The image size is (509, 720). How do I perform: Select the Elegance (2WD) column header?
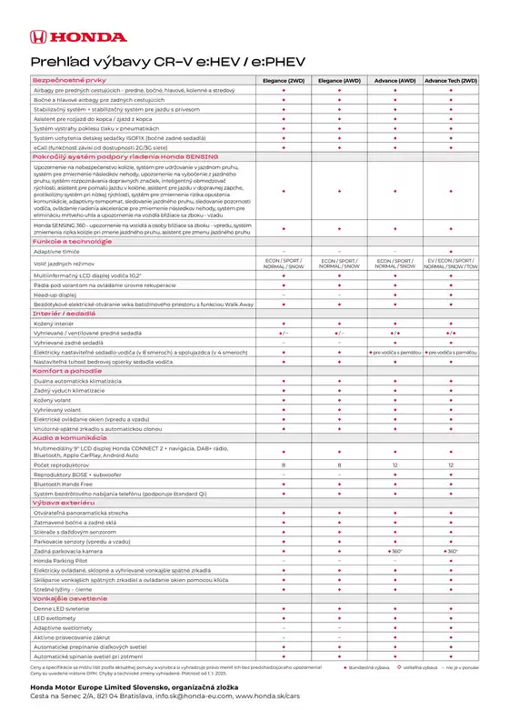284,81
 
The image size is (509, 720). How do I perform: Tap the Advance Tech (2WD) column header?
451,81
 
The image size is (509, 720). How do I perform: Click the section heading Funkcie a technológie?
65,241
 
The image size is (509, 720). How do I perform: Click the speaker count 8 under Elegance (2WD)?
284,465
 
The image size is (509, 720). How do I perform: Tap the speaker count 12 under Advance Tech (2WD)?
451,465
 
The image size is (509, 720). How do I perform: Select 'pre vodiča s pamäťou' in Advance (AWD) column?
395,351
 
